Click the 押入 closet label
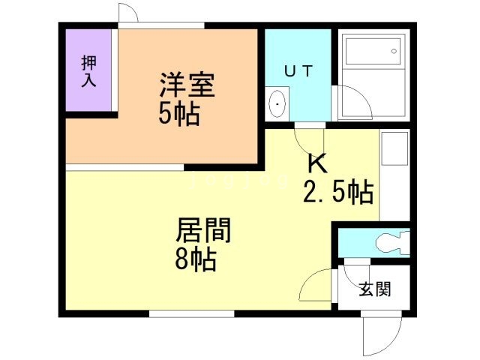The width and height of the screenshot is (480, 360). pos(89,70)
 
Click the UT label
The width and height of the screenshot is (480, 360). pos(298,70)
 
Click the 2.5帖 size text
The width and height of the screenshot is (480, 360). pos(337,193)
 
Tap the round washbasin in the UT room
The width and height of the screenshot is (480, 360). pos(277,102)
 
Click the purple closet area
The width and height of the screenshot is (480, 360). pos(89,71)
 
